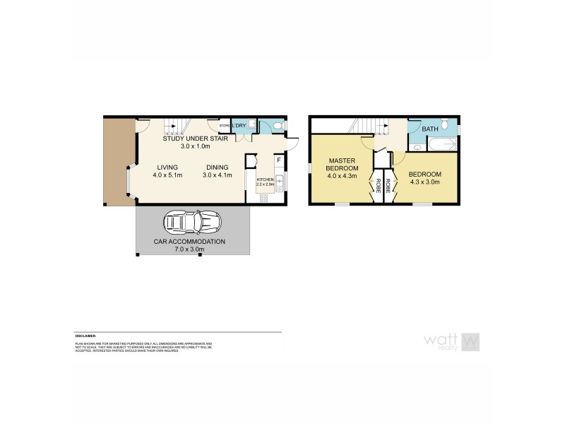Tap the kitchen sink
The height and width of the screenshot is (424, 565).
click(x=279, y=184)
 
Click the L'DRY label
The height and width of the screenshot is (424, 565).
click(x=239, y=126)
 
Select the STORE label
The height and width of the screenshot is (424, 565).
click(x=224, y=126)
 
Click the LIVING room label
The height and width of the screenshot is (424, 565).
click(x=169, y=167)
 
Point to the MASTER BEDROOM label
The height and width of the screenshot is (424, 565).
click(x=341, y=165)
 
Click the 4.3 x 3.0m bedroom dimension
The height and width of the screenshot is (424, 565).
click(x=424, y=182)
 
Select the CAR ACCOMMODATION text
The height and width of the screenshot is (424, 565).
click(x=189, y=242)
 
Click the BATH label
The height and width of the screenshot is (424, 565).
click(x=429, y=129)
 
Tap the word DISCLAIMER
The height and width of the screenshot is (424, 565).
click(x=85, y=336)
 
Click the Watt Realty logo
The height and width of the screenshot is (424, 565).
click(x=451, y=341)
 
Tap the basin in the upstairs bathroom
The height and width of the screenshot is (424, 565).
click(x=417, y=148)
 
